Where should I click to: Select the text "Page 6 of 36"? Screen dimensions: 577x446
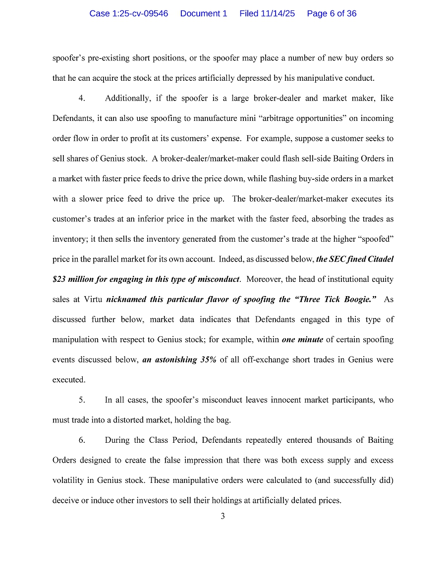click(x=332, y=13)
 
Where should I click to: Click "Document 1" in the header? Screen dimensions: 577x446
click(x=204, y=13)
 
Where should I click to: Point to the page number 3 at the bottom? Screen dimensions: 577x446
click(x=223, y=516)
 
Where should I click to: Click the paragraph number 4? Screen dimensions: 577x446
click(x=82, y=98)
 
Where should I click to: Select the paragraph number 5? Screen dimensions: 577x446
click(x=82, y=400)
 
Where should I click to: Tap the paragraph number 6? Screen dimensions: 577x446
click(x=82, y=440)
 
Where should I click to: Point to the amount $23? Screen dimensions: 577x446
click(x=58, y=279)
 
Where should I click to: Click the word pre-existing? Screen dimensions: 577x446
click(x=108, y=58)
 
